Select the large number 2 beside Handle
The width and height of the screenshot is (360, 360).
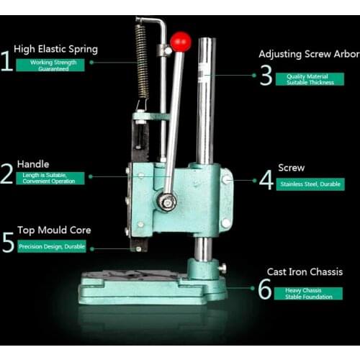point(7,174)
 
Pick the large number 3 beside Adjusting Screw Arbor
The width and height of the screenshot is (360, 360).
point(266,75)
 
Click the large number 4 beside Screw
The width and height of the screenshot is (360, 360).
point(266,179)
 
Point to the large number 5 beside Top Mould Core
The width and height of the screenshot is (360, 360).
point(8,242)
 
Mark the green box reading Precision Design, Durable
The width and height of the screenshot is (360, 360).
point(54,247)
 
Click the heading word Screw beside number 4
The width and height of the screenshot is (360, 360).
point(291,168)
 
